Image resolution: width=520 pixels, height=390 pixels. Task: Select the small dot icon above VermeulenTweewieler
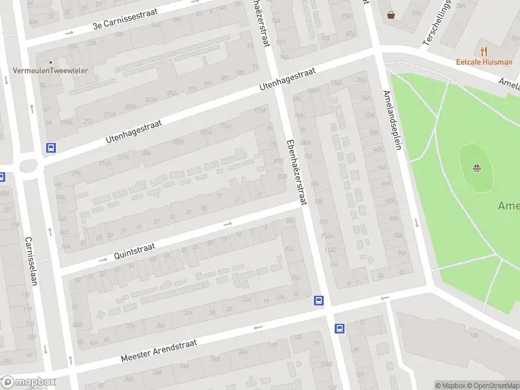coord(50,62)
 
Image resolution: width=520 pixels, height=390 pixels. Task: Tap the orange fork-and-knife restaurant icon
coord(483,51)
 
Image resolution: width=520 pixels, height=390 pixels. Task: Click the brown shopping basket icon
coord(391,14)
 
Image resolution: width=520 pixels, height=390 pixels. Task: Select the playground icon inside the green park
coord(477,170)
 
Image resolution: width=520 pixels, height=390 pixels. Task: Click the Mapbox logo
coord(27,382)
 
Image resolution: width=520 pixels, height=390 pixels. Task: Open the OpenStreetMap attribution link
coord(492,385)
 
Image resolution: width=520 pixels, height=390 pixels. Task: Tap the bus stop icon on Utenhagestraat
coord(51,148)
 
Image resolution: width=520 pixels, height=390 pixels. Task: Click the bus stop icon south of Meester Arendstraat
coord(339,328)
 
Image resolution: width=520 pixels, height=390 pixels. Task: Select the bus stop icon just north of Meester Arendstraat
coord(319,300)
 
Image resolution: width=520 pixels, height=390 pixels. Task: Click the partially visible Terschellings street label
coord(437,23)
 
